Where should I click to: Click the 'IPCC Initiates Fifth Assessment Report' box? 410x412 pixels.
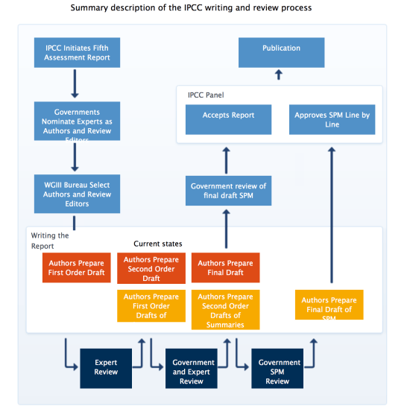tap(77, 53)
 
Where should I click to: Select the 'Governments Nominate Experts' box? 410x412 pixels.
tap(77, 121)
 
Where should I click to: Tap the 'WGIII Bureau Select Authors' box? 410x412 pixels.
tap(77, 194)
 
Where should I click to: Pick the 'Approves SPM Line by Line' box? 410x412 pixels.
tap(332, 119)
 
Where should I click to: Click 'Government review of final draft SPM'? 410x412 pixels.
tap(228, 190)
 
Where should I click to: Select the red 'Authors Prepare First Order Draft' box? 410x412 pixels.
tap(76, 267)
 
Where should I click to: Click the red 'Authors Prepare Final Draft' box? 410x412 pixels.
tap(225, 267)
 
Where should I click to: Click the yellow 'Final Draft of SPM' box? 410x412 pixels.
tap(329, 304)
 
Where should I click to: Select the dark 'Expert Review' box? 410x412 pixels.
tap(106, 367)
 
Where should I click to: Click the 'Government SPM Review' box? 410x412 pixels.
tap(277, 367)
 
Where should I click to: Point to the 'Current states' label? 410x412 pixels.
tap(157, 244)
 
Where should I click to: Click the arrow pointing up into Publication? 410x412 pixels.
tap(278, 75)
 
